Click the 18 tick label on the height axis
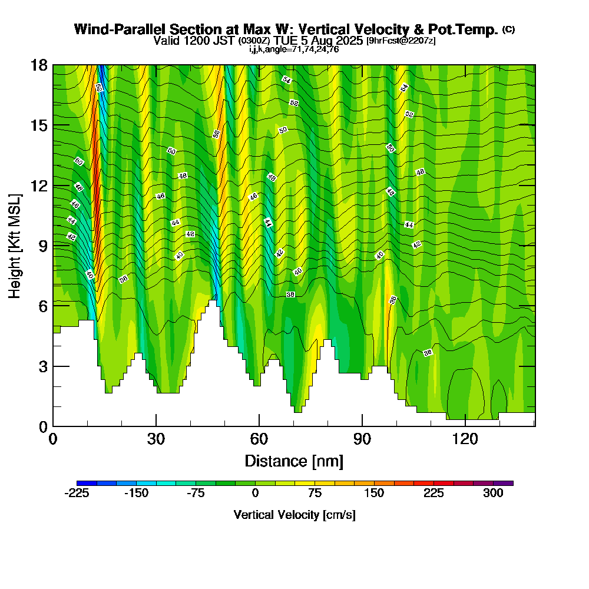[x=39, y=65]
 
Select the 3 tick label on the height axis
[x=42, y=366]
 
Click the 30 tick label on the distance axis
[x=156, y=439]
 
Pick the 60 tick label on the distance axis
[x=259, y=439]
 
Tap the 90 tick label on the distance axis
[x=362, y=439]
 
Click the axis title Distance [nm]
[x=294, y=461]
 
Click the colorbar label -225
[x=77, y=494]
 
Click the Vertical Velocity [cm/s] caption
[x=294, y=515]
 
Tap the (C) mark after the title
[x=509, y=29]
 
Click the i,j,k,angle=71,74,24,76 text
[x=294, y=49]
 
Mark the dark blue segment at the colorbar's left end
[x=87, y=483]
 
